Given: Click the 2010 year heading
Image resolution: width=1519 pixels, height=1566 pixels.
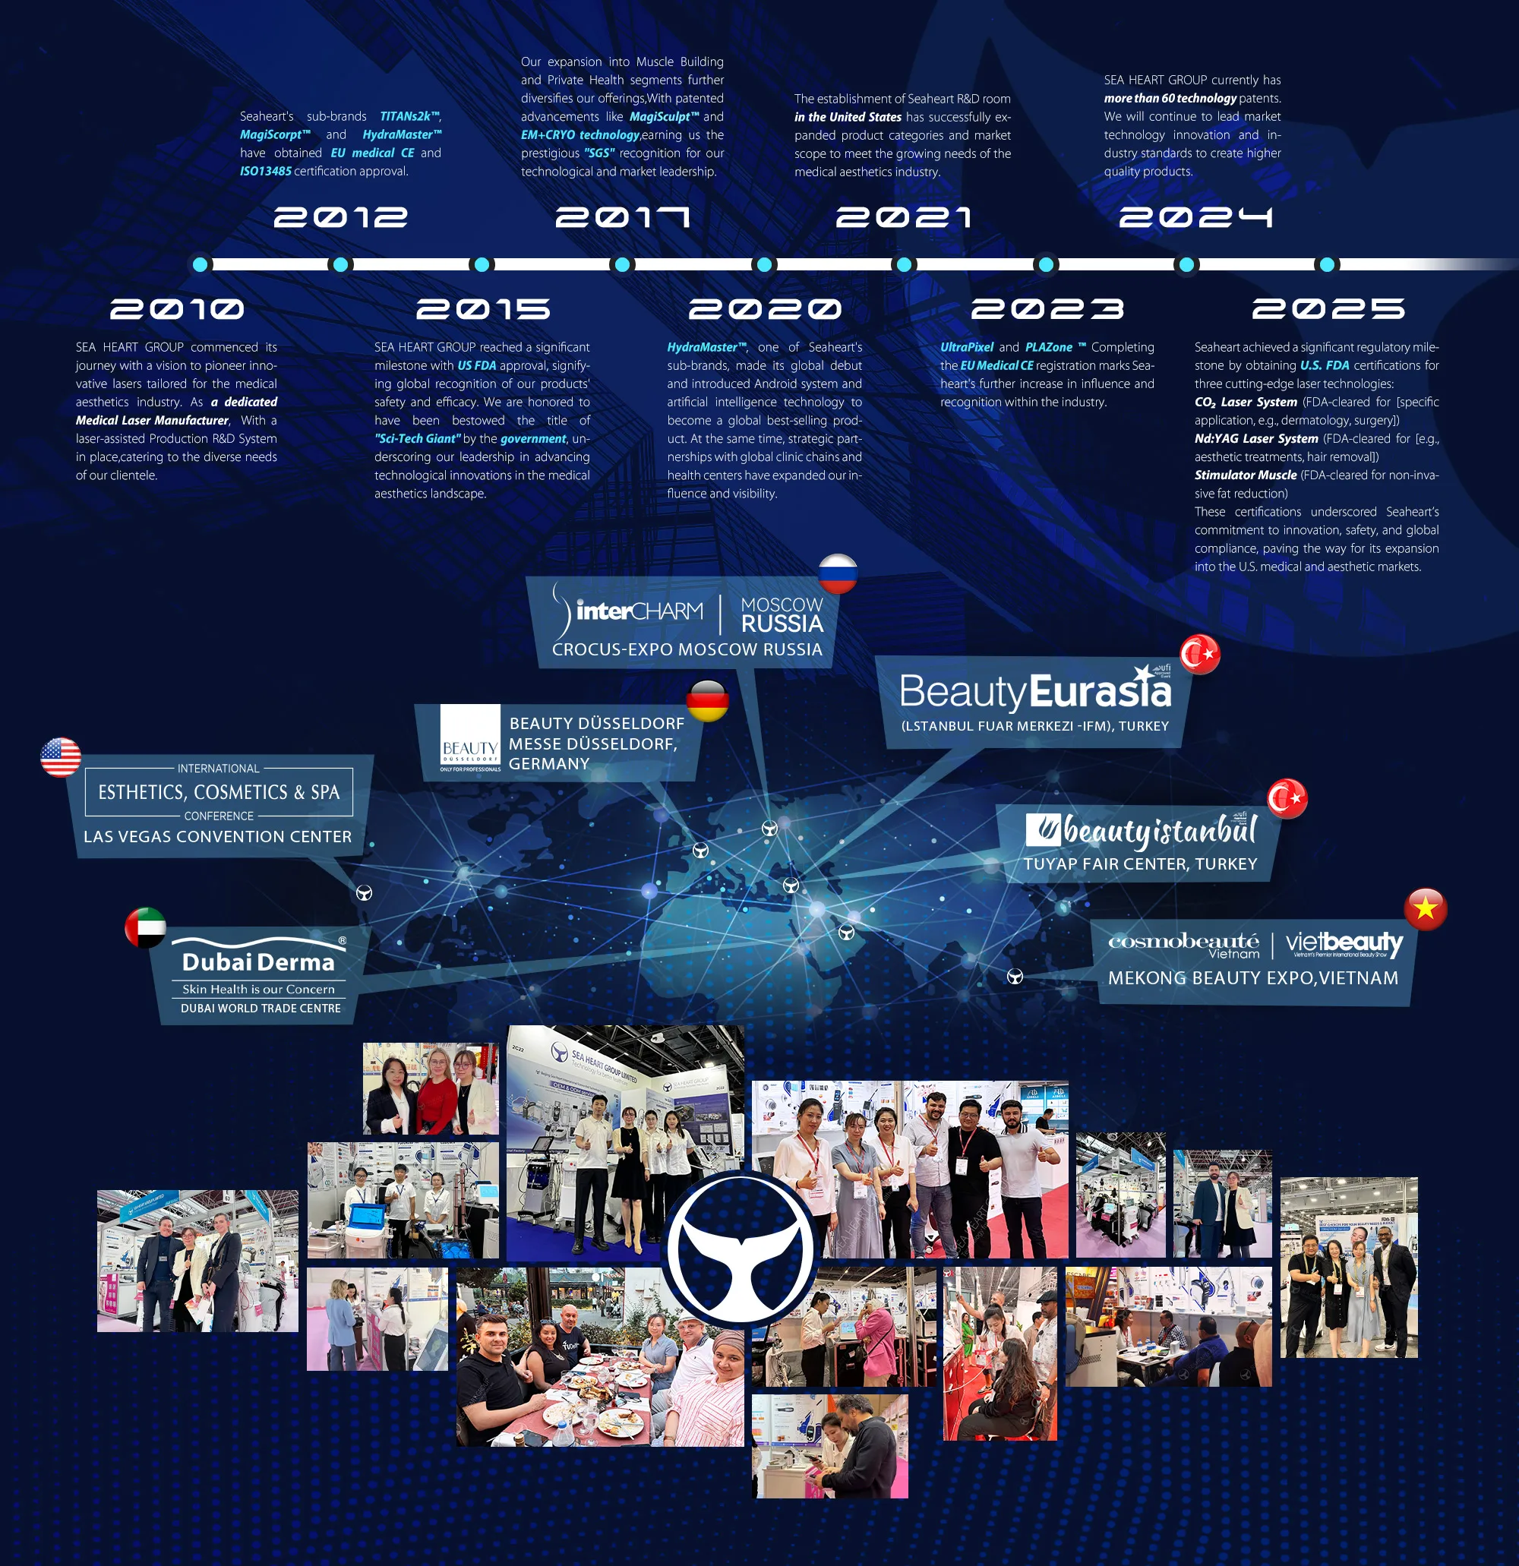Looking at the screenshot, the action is [177, 309].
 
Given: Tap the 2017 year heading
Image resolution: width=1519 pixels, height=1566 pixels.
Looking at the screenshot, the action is [623, 217].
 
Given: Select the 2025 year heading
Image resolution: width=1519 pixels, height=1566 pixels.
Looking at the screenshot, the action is [1328, 309].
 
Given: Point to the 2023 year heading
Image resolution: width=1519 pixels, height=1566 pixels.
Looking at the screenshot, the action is [1047, 309].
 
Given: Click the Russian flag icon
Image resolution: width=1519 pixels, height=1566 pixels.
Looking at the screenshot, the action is [838, 573].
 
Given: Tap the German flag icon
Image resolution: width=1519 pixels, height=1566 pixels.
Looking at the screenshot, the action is [707, 701].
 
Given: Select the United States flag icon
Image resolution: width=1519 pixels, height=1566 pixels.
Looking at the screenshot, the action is [61, 757].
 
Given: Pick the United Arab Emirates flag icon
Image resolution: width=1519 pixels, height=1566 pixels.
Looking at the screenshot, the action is [145, 927].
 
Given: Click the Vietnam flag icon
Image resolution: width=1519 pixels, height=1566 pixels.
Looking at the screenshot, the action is [1426, 909].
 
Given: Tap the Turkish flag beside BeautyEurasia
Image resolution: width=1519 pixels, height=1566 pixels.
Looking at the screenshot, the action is [1200, 655].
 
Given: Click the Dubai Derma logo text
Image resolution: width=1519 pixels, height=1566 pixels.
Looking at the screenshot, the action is [258, 962].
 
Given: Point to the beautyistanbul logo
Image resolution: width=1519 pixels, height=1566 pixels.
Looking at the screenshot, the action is [1142, 831].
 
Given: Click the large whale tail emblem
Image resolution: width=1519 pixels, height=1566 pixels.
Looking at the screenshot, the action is [741, 1250].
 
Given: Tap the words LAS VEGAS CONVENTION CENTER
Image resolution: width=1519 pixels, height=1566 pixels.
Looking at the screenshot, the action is [217, 836].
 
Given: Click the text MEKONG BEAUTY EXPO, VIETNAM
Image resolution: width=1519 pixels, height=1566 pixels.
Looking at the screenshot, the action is [1253, 978].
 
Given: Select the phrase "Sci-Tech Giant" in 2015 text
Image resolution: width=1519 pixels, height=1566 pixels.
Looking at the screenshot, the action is [418, 439].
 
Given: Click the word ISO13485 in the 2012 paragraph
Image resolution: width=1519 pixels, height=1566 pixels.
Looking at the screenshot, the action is [265, 171].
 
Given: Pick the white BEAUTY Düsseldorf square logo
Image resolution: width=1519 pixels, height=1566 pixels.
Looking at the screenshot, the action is [470, 738].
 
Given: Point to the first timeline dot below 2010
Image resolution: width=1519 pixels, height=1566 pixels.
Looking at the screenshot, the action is [201, 264].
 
